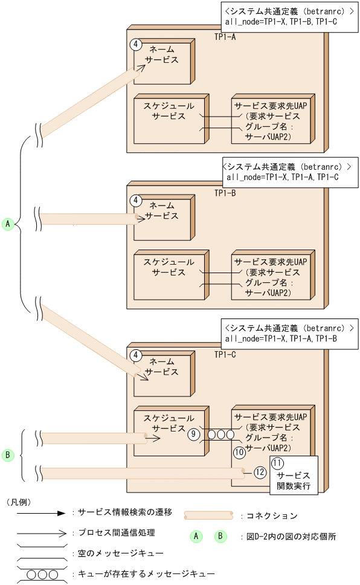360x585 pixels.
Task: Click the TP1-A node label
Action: [225, 37]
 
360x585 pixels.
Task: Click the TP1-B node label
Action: [225, 193]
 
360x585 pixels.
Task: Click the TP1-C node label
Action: [225, 354]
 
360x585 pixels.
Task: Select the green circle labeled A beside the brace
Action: [8, 224]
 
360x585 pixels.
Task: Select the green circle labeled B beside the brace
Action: [8, 454]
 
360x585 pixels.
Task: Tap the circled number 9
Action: [193, 434]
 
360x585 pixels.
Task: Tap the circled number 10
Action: [239, 451]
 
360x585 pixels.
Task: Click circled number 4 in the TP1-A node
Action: [137, 45]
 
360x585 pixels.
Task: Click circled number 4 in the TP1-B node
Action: [137, 201]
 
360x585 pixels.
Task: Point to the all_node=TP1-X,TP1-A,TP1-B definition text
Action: [281, 338]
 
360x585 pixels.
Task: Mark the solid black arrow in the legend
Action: [40, 512]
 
